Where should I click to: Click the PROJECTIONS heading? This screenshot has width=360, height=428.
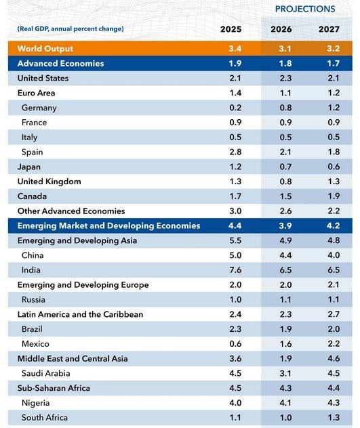coord(305,9)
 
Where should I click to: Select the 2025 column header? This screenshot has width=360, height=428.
coord(231,29)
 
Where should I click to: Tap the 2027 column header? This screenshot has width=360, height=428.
coord(329,29)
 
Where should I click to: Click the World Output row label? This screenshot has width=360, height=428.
coord(45,49)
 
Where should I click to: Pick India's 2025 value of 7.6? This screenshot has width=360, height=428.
coord(235,270)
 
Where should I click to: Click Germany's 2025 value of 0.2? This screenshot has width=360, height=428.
coord(235,108)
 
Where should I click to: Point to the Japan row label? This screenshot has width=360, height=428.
coord(29,167)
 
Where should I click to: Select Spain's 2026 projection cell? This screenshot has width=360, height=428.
coord(285,152)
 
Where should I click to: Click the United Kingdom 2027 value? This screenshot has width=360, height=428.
coord(334,181)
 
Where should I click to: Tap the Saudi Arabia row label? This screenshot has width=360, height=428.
coord(45,373)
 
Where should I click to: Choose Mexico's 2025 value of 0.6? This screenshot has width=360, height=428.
coord(235,343)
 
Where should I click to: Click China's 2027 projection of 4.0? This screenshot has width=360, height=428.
coord(334,255)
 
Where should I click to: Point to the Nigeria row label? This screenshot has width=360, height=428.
coord(35,403)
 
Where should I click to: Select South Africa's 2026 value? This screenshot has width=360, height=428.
coord(285,418)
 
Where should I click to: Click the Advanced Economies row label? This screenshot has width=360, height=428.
coord(61,64)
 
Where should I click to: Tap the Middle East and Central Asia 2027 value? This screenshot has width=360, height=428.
coord(334,358)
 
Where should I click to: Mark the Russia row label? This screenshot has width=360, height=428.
coord(33,299)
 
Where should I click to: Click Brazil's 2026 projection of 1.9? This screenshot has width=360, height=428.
coord(285,329)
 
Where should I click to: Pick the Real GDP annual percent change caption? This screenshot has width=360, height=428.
coord(71,28)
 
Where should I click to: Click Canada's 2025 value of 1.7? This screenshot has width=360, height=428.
coord(235,196)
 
